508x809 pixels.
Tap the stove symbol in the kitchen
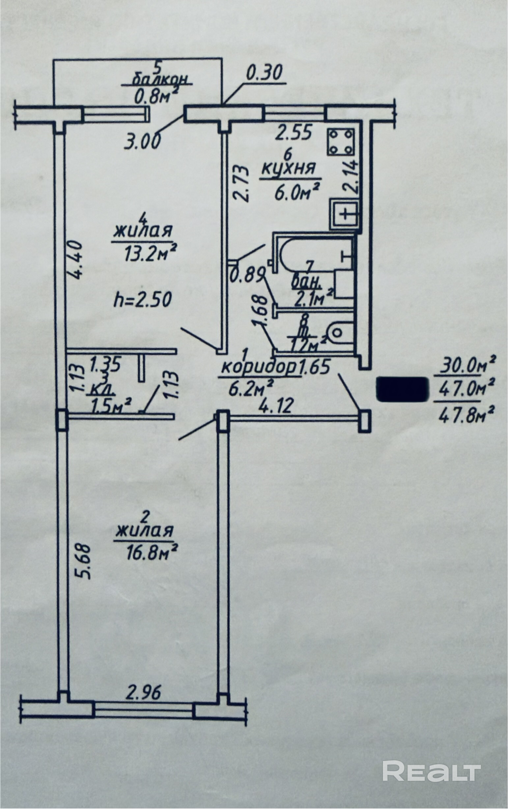pyautogui.click(x=341, y=142)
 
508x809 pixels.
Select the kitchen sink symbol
pyautogui.click(x=345, y=213)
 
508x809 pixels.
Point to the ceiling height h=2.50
pyautogui.click(x=143, y=300)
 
